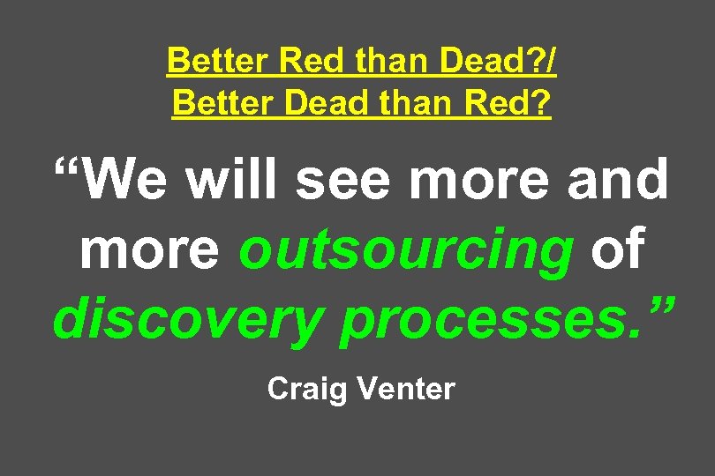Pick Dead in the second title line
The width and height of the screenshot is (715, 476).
[312, 103]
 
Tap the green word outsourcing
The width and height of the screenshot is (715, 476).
[406, 251]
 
